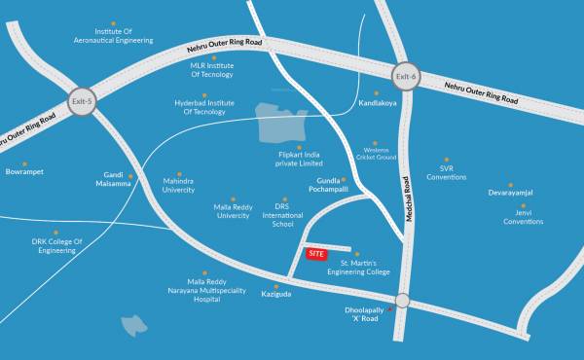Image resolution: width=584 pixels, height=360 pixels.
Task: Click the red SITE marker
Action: pos(315,254)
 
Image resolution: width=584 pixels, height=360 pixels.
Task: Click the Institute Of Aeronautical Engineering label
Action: pos(113,36)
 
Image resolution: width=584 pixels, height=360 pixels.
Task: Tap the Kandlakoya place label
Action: pos(378,102)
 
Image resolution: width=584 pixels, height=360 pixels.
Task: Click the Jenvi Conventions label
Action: pos(524,217)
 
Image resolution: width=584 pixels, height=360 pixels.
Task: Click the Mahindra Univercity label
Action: pos(178,185)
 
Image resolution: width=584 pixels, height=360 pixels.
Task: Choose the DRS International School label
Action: pos(283,215)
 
